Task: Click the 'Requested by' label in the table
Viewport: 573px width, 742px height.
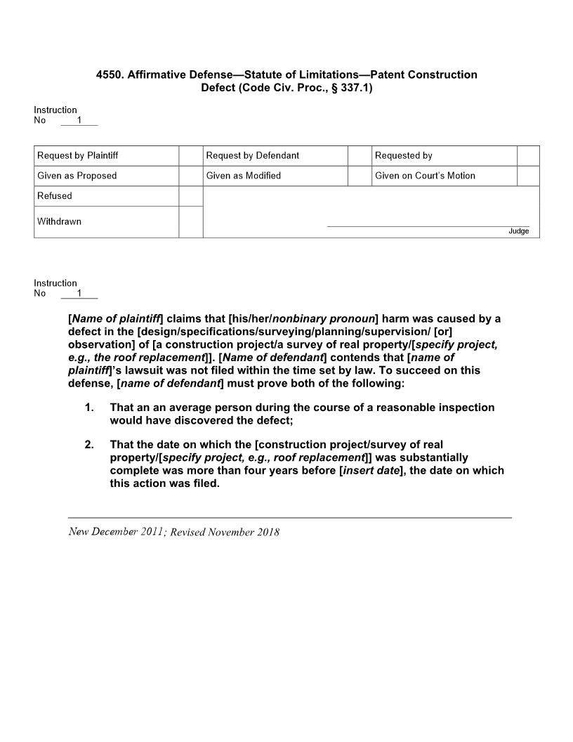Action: pos(403,155)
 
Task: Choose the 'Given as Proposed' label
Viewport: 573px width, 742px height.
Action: pos(77,176)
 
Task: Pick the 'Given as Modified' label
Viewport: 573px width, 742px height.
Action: pos(243,176)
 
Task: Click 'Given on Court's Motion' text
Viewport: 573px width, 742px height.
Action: pos(425,176)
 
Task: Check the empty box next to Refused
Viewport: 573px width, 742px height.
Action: pos(190,196)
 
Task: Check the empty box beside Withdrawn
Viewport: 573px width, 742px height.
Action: pos(190,222)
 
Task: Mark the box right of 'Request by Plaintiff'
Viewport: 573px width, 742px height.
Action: pos(190,155)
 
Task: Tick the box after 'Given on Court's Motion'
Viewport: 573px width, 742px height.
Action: pos(528,176)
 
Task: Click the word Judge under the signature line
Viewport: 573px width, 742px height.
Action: pos(518,231)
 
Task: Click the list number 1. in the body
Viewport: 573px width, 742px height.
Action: pos(89,408)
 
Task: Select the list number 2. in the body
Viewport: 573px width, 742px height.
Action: pos(89,445)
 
